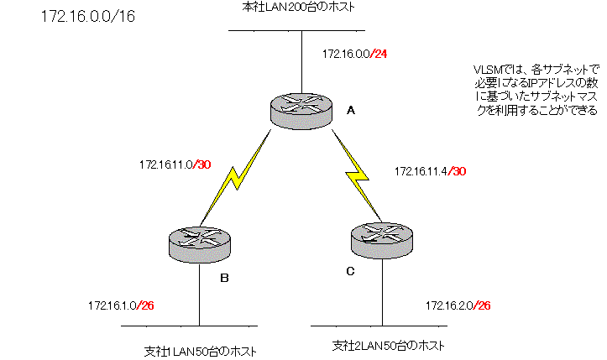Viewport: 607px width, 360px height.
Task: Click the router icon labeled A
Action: click(x=301, y=107)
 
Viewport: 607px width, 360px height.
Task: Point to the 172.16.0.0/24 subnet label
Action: click(x=353, y=54)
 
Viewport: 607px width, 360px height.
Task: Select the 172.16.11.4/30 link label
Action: click(x=430, y=171)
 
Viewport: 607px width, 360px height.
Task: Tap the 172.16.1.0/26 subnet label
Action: click(x=120, y=305)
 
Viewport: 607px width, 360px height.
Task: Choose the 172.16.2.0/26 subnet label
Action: click(x=458, y=305)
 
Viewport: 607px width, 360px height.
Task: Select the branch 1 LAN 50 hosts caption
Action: click(x=199, y=350)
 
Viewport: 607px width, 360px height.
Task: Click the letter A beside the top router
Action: click(x=350, y=109)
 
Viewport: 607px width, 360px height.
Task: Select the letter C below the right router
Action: click(x=350, y=271)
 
